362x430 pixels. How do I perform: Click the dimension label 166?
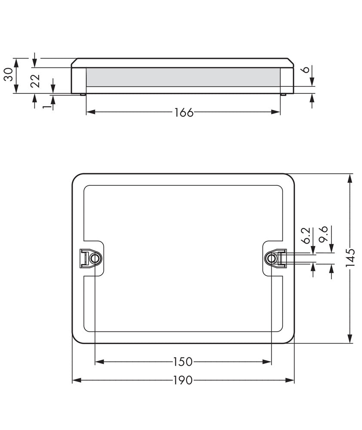(x=184, y=113)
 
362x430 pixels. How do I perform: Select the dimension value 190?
(x=184, y=380)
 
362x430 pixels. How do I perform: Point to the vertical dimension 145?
(x=351, y=258)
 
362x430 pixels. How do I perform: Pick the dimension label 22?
(x=36, y=81)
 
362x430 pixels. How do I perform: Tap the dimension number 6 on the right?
(x=306, y=70)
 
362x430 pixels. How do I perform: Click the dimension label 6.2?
(x=306, y=236)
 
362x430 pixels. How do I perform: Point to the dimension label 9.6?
(x=325, y=236)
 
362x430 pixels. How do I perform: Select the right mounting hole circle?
(x=271, y=258)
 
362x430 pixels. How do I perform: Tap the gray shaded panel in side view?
(x=184, y=77)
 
